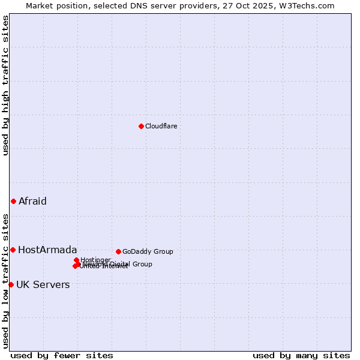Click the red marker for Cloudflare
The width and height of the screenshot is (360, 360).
(x=141, y=126)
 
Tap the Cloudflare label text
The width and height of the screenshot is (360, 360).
(x=161, y=126)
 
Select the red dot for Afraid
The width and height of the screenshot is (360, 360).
(x=13, y=201)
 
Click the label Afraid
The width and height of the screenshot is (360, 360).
(x=32, y=201)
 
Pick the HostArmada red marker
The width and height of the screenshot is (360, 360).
(x=13, y=250)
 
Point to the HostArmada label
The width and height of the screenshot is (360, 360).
(x=47, y=250)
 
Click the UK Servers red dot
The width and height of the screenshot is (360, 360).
(x=11, y=284)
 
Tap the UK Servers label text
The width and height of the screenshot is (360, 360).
(x=43, y=284)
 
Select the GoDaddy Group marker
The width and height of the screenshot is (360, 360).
(x=118, y=251)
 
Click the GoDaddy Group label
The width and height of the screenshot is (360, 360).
(x=148, y=251)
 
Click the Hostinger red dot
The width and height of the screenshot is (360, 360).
(x=76, y=260)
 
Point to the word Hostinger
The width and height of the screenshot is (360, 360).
(x=96, y=260)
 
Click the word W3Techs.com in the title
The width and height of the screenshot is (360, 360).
(x=309, y=5)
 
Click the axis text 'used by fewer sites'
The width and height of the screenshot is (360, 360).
(x=62, y=355)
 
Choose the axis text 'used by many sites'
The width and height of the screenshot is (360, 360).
(x=301, y=355)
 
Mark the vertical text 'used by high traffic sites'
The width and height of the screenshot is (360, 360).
(x=5, y=85)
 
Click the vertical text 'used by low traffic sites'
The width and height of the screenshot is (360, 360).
(x=5, y=281)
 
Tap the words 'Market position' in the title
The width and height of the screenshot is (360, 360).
(x=54, y=5)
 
